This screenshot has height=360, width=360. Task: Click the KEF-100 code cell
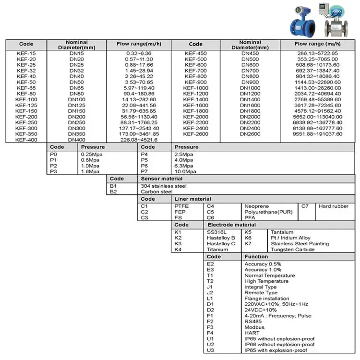26,99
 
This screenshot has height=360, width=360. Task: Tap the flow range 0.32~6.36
139,53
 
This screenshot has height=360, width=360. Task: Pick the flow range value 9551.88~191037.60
318,134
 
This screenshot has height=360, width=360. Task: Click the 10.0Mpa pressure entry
185,171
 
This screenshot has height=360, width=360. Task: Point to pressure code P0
53,154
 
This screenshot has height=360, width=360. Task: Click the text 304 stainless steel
164,186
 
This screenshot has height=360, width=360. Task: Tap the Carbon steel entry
156,192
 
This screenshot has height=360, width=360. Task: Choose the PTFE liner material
181,206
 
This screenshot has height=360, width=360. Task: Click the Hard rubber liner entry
334,206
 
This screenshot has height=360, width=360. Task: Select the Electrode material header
231,225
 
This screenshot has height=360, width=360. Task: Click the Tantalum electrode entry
283,232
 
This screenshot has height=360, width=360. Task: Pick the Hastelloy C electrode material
221,244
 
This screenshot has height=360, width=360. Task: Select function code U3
210,350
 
